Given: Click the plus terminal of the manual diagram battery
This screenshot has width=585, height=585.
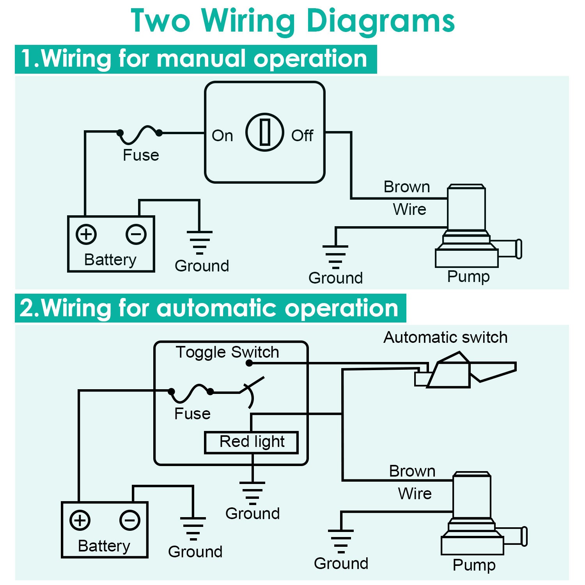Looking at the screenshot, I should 86,234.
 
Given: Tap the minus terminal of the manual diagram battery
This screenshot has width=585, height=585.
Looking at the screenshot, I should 136,234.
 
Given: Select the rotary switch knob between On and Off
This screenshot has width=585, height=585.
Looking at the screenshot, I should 265,133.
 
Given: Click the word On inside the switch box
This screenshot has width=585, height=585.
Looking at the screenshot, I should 222,136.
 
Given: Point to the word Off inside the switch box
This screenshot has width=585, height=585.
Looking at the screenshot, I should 302,136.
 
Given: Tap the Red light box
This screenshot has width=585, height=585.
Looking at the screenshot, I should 252,442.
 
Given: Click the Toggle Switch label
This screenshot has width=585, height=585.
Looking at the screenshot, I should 227,352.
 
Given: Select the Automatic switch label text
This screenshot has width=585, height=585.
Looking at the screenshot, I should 445,337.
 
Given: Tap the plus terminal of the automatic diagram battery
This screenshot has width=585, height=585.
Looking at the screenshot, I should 80,520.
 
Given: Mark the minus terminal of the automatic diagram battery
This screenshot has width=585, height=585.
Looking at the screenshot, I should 130,520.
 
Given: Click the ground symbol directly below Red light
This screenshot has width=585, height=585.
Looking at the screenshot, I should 252,492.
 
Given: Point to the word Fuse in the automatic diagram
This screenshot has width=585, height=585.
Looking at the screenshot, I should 192,414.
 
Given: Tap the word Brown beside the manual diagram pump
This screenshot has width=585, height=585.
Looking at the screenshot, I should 407,187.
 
